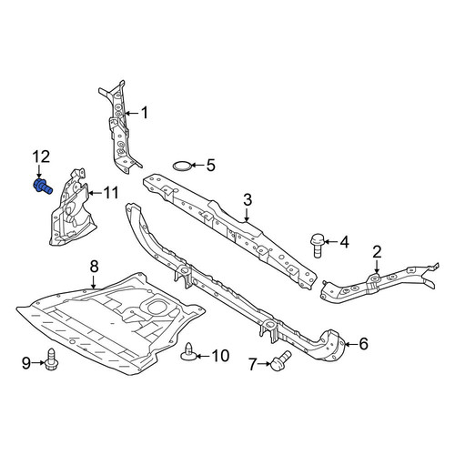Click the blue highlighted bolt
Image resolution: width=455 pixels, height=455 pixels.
42,186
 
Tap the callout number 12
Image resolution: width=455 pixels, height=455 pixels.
41,157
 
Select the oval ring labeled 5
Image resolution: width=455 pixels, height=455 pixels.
182,167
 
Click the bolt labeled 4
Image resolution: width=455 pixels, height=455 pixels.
318,246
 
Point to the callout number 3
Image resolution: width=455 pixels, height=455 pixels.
248,200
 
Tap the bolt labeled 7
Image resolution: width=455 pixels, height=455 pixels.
280,360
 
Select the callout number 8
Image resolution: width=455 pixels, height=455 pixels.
95,267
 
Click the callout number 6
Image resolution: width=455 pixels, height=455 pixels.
363,344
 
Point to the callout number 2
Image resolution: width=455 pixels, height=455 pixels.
377,252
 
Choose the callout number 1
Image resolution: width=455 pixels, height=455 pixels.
145,113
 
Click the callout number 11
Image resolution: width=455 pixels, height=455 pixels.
111,193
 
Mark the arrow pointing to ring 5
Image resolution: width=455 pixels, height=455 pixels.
197,166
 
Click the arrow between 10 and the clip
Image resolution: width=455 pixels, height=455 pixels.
203,356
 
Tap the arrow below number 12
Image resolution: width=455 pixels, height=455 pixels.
39,171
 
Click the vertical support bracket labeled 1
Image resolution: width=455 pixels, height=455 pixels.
120,127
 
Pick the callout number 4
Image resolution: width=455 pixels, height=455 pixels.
344,242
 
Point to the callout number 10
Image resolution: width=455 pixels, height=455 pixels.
220,356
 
